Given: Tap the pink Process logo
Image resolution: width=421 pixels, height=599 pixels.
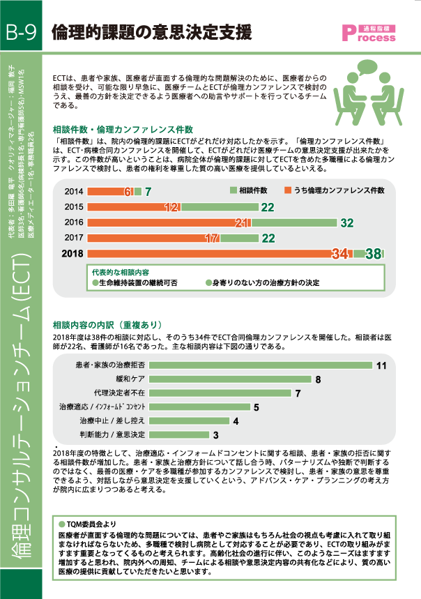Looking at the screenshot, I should [369, 33].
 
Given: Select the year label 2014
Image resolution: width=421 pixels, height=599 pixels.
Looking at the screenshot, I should [74, 192].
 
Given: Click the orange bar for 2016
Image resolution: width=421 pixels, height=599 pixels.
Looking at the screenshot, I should [169, 222].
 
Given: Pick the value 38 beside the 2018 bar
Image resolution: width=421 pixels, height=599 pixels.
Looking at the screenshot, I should [374, 254].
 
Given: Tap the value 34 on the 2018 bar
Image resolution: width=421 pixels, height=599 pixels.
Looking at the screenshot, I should [339, 254].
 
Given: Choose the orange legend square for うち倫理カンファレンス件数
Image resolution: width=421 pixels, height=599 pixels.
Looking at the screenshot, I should [288, 190].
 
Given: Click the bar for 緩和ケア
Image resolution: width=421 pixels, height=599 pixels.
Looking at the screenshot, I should [230, 379].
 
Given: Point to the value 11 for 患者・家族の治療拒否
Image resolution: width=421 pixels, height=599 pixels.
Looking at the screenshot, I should [381, 365].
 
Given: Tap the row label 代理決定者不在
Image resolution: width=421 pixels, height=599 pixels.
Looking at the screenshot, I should [121, 393].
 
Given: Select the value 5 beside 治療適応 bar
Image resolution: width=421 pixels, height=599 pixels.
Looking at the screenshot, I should [257, 407].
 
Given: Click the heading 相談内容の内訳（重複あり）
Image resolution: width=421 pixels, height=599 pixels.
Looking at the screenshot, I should [107, 325].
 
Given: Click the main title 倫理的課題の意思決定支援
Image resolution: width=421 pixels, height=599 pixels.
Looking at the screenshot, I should [151, 32].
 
